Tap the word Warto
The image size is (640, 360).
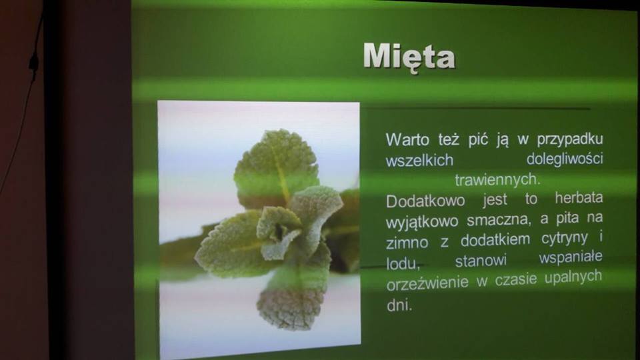(x=407, y=139)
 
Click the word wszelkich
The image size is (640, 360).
(x=419, y=160)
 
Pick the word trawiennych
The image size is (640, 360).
(x=497, y=179)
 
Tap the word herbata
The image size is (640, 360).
(x=579, y=198)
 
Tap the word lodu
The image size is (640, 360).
(x=403, y=264)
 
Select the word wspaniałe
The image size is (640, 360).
(x=571, y=258)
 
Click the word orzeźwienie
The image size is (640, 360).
(x=427, y=283)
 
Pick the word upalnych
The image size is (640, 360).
(x=573, y=277)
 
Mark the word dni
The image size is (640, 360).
(x=399, y=305)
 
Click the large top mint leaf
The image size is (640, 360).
(x=277, y=167)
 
